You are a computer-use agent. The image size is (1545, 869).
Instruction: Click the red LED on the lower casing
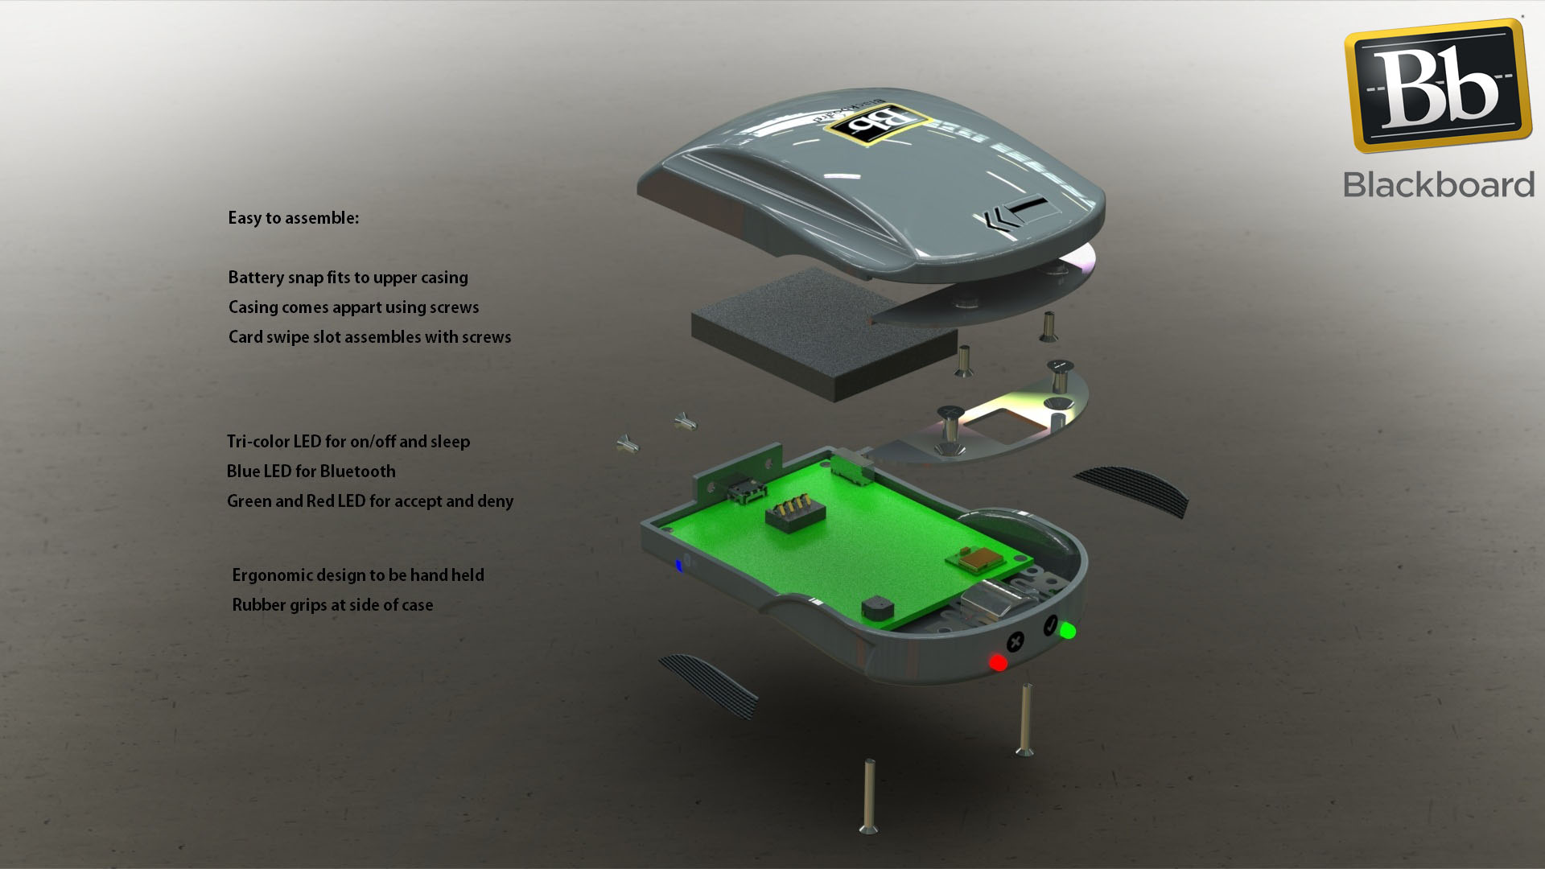(998, 662)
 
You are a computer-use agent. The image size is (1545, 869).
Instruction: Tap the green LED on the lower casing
(1068, 631)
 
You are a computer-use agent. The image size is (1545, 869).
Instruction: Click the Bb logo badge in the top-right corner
(1438, 86)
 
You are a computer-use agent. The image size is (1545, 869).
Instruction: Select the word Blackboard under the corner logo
(1439, 184)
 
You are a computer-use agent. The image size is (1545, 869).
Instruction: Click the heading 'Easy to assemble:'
(293, 218)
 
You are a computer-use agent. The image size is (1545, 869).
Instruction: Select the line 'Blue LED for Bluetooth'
(311, 472)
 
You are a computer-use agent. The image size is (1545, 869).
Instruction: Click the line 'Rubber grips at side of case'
(332, 605)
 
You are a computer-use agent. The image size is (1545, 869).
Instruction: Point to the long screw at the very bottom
(868, 796)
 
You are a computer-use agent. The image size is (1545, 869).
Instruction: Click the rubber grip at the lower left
(708, 686)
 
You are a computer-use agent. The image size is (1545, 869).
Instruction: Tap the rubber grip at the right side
(1132, 490)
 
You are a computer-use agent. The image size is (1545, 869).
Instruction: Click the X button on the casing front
(1016, 642)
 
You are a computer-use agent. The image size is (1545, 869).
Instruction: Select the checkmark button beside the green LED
(1050, 625)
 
